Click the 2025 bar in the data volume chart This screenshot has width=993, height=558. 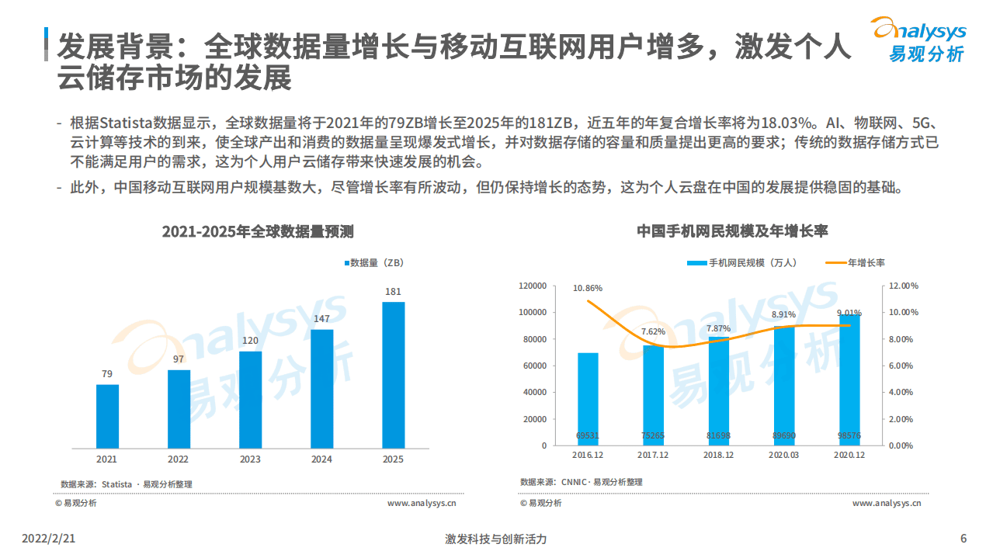click(x=393, y=374)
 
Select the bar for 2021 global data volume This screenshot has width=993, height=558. click(x=107, y=416)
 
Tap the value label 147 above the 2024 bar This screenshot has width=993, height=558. click(x=321, y=319)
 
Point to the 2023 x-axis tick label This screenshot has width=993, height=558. click(x=250, y=459)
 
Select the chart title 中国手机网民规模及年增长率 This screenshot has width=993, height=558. click(x=732, y=231)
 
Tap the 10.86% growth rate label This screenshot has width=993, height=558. click(x=588, y=288)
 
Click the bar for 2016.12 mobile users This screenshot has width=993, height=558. click(x=588, y=399)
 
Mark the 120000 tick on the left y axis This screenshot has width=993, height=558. click(x=533, y=286)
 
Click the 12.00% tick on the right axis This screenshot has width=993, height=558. click(x=903, y=286)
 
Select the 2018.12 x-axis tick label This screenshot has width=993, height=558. click(x=718, y=455)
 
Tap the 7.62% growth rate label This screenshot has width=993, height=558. click(x=653, y=332)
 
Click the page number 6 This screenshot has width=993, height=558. click(x=963, y=539)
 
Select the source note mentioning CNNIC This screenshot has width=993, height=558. click(x=581, y=482)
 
